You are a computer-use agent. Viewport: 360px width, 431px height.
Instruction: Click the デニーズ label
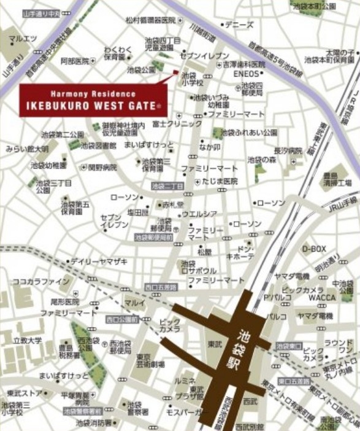click(239, 25)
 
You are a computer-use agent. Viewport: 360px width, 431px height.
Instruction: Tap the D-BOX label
click(313, 248)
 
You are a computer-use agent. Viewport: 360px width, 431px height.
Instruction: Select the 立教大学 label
click(26, 340)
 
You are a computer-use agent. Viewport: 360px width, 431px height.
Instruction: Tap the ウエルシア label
click(199, 214)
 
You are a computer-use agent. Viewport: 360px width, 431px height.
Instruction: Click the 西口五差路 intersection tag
click(161, 287)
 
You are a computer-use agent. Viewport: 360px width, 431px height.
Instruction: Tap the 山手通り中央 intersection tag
click(40, 13)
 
